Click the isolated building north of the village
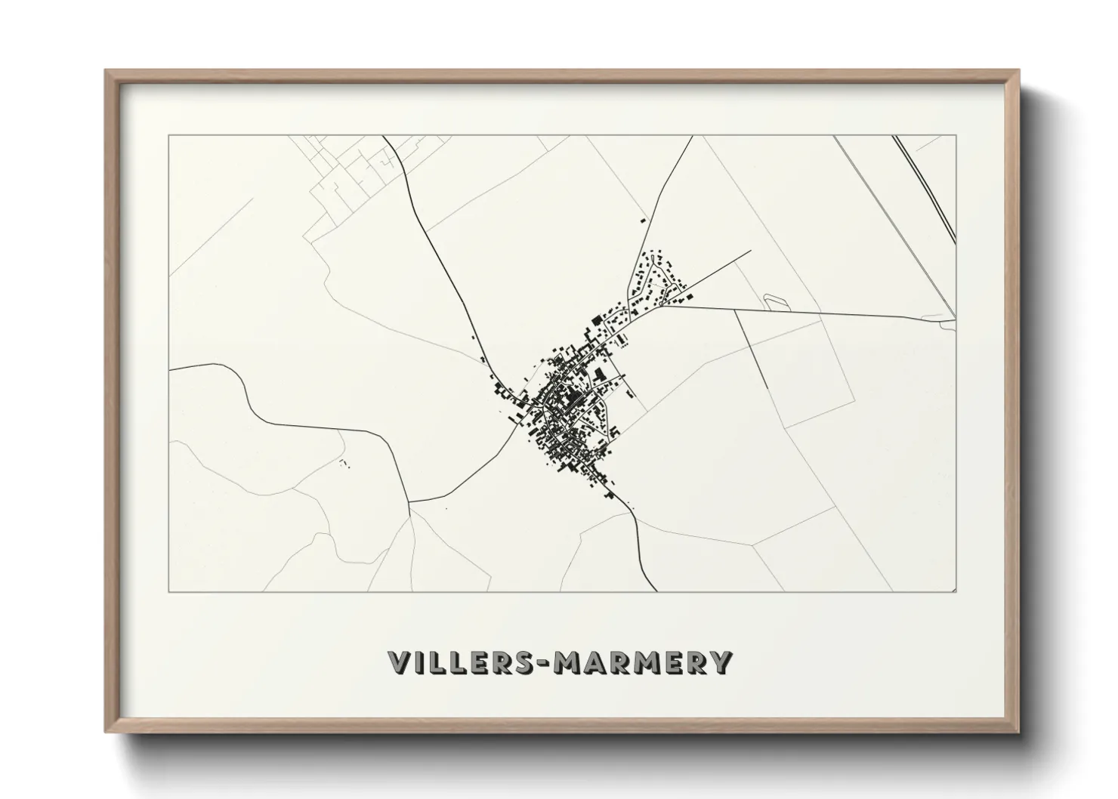pyautogui.click(x=643, y=221)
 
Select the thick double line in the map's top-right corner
pyautogui.click(x=923, y=189)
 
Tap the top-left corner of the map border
pyautogui.click(x=169, y=136)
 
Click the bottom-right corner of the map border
pyautogui.click(x=956, y=591)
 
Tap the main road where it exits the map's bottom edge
pyautogui.click(x=656, y=591)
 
